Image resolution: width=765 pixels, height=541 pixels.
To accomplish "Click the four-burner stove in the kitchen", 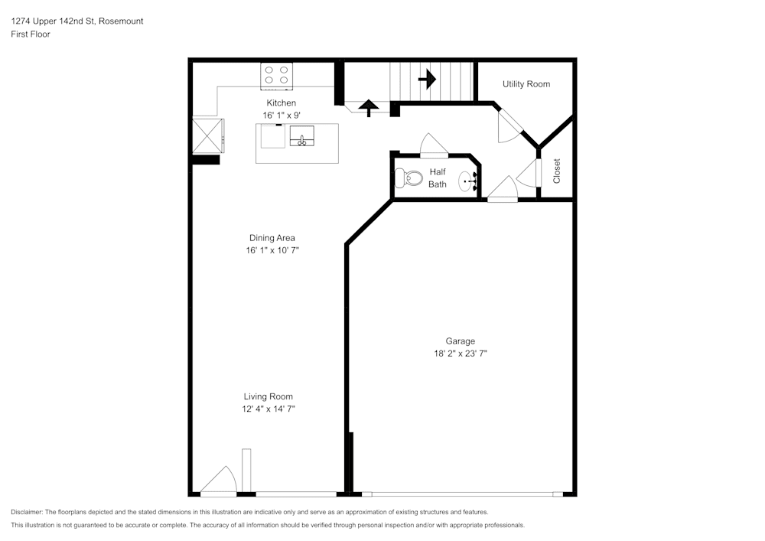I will [x=276, y=74].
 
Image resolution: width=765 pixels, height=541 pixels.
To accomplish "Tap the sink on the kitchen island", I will [x=302, y=137].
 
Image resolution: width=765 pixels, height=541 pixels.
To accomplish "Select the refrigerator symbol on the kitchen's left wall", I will [x=207, y=135].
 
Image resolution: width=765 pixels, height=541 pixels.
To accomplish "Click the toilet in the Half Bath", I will [x=409, y=178].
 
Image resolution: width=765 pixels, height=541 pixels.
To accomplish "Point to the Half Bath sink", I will [x=468, y=182].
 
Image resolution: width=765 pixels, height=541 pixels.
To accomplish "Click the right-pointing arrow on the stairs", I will [x=427, y=78].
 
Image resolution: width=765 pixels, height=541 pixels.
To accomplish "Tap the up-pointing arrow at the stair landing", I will [x=369, y=108].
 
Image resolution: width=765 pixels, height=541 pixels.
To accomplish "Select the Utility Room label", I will [x=526, y=84].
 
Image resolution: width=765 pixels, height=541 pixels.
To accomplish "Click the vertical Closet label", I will [x=557, y=171].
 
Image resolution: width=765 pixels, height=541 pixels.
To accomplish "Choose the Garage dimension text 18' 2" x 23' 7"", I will [x=461, y=354].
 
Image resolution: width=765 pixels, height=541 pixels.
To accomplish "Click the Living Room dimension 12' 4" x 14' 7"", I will [x=268, y=409].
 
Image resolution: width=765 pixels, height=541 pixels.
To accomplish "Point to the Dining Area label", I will [x=272, y=238].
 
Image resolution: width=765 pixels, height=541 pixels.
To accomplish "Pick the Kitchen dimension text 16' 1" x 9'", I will [x=281, y=115].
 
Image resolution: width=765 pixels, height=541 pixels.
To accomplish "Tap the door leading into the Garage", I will [x=501, y=190].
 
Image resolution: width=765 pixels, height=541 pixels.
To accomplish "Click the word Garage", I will [x=461, y=341].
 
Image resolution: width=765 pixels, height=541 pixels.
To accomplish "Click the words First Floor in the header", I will [x=31, y=34].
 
